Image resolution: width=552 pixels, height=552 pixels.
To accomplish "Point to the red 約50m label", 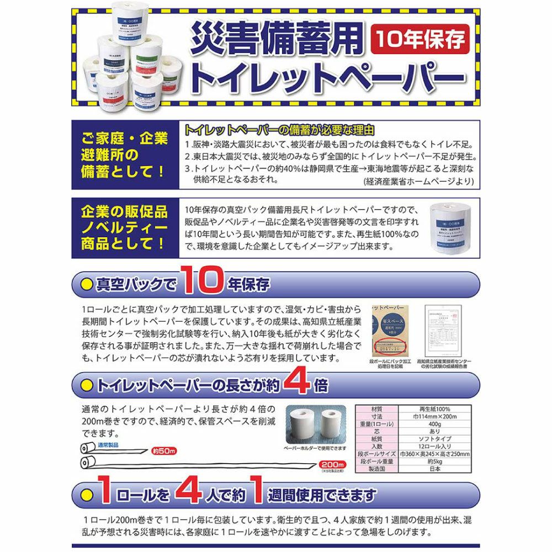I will (164, 451).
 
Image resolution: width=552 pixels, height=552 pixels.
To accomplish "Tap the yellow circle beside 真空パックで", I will (86, 284).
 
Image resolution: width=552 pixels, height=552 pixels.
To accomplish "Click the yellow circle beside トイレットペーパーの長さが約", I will (86, 385).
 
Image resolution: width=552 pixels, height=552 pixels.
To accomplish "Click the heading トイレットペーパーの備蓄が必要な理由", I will (279, 130).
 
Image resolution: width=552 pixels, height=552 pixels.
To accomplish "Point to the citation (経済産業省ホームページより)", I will (418, 181).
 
